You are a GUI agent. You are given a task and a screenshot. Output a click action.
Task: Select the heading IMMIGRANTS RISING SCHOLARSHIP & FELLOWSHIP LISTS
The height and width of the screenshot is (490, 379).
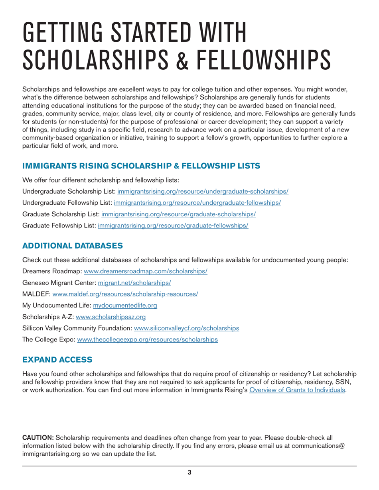pos(141,166)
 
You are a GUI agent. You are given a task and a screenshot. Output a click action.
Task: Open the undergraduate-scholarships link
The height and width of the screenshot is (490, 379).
pos(203,191)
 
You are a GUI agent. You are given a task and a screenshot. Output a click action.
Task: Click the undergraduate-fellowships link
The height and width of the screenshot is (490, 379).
pos(197,202)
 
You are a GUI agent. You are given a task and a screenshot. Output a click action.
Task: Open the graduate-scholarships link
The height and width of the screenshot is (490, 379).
pos(178,214)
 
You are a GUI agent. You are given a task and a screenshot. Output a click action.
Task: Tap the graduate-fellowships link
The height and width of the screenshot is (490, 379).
pos(173,225)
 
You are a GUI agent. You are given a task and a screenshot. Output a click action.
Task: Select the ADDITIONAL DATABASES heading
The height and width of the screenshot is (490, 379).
pos(73,245)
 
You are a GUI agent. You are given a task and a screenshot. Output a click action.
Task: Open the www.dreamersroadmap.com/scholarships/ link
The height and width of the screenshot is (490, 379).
pos(145,271)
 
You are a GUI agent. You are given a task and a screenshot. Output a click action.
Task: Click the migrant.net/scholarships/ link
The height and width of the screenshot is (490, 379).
pos(134,283)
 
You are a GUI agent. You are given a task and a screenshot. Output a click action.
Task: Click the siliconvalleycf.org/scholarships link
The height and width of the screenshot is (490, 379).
pos(186,328)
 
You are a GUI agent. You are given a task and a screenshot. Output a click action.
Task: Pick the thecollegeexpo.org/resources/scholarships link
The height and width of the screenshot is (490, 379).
pos(147,340)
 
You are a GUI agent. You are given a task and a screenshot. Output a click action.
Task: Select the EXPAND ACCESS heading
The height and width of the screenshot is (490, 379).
pos(57,360)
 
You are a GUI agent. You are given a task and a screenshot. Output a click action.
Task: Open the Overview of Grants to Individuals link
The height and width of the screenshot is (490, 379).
pos(297,390)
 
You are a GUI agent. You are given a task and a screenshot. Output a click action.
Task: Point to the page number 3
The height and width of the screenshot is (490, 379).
pos(189,473)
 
